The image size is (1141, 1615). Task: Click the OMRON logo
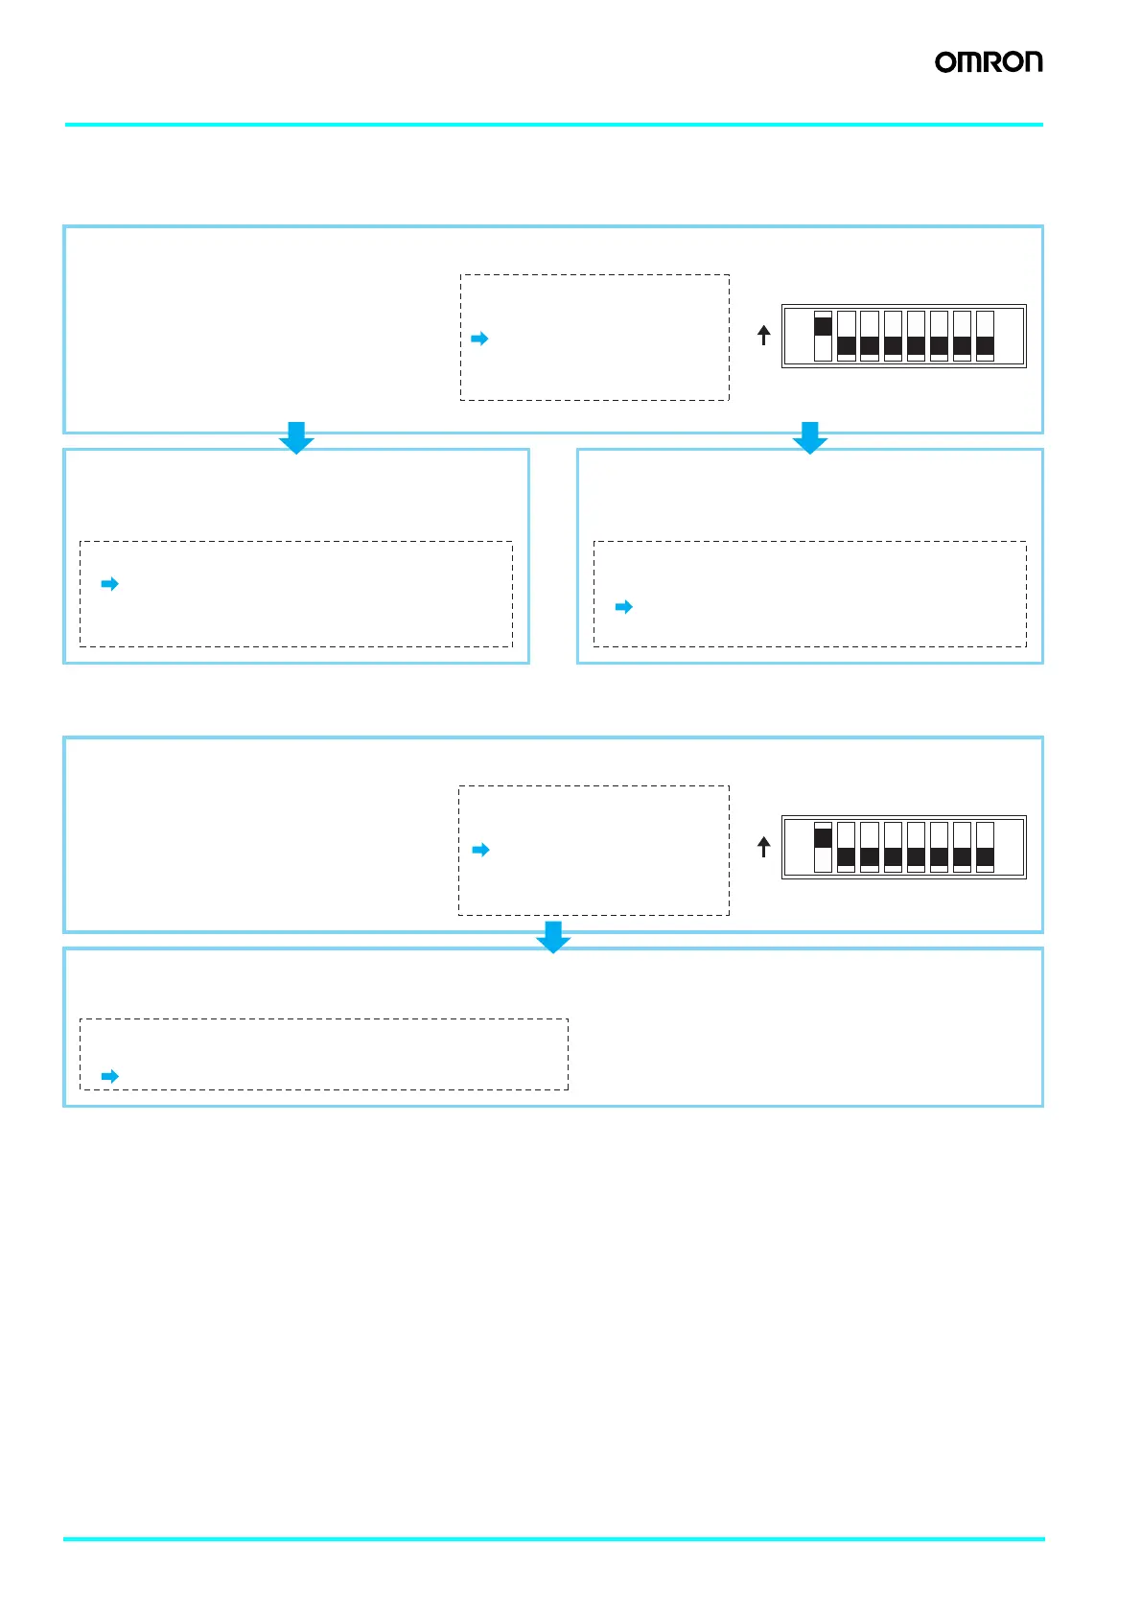(x=989, y=62)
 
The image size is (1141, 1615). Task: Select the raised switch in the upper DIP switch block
(x=823, y=327)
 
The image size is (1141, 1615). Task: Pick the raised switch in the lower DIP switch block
(x=823, y=838)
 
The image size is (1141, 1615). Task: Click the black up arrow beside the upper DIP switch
(x=764, y=335)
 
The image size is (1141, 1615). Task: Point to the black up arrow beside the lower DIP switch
(x=764, y=847)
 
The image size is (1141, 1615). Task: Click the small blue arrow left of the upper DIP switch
(x=479, y=339)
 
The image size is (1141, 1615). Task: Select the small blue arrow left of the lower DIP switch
(x=480, y=850)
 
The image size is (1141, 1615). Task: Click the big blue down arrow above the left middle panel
(x=296, y=437)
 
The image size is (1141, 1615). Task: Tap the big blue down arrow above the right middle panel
(x=810, y=437)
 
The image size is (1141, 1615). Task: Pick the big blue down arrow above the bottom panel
(x=553, y=937)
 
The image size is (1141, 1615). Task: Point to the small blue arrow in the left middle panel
(x=109, y=584)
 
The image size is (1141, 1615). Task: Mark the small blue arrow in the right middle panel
(x=623, y=607)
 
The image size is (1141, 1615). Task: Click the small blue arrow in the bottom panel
(x=109, y=1076)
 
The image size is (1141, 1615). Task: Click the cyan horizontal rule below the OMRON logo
(x=553, y=125)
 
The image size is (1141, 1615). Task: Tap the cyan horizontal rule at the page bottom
(x=553, y=1539)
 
